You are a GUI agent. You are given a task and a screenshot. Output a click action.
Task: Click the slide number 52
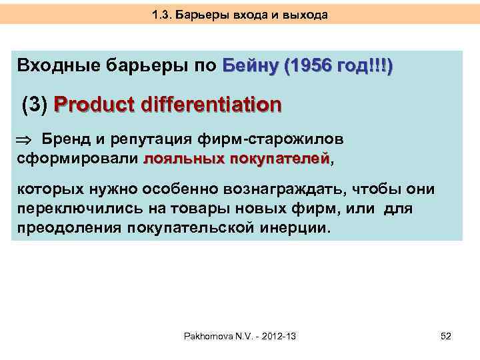[445, 337]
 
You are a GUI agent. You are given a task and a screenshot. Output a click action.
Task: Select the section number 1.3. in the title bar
[162, 14]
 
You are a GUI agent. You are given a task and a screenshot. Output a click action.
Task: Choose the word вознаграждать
[275, 191]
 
